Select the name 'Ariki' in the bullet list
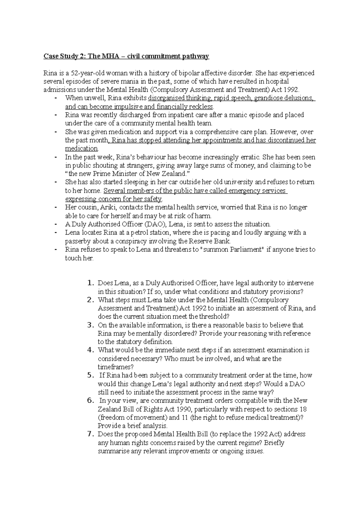tap(107, 207)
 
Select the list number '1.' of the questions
tap(91, 283)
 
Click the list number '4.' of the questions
tap(91, 350)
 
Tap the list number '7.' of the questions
tap(91, 434)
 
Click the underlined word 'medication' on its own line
tap(82, 149)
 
